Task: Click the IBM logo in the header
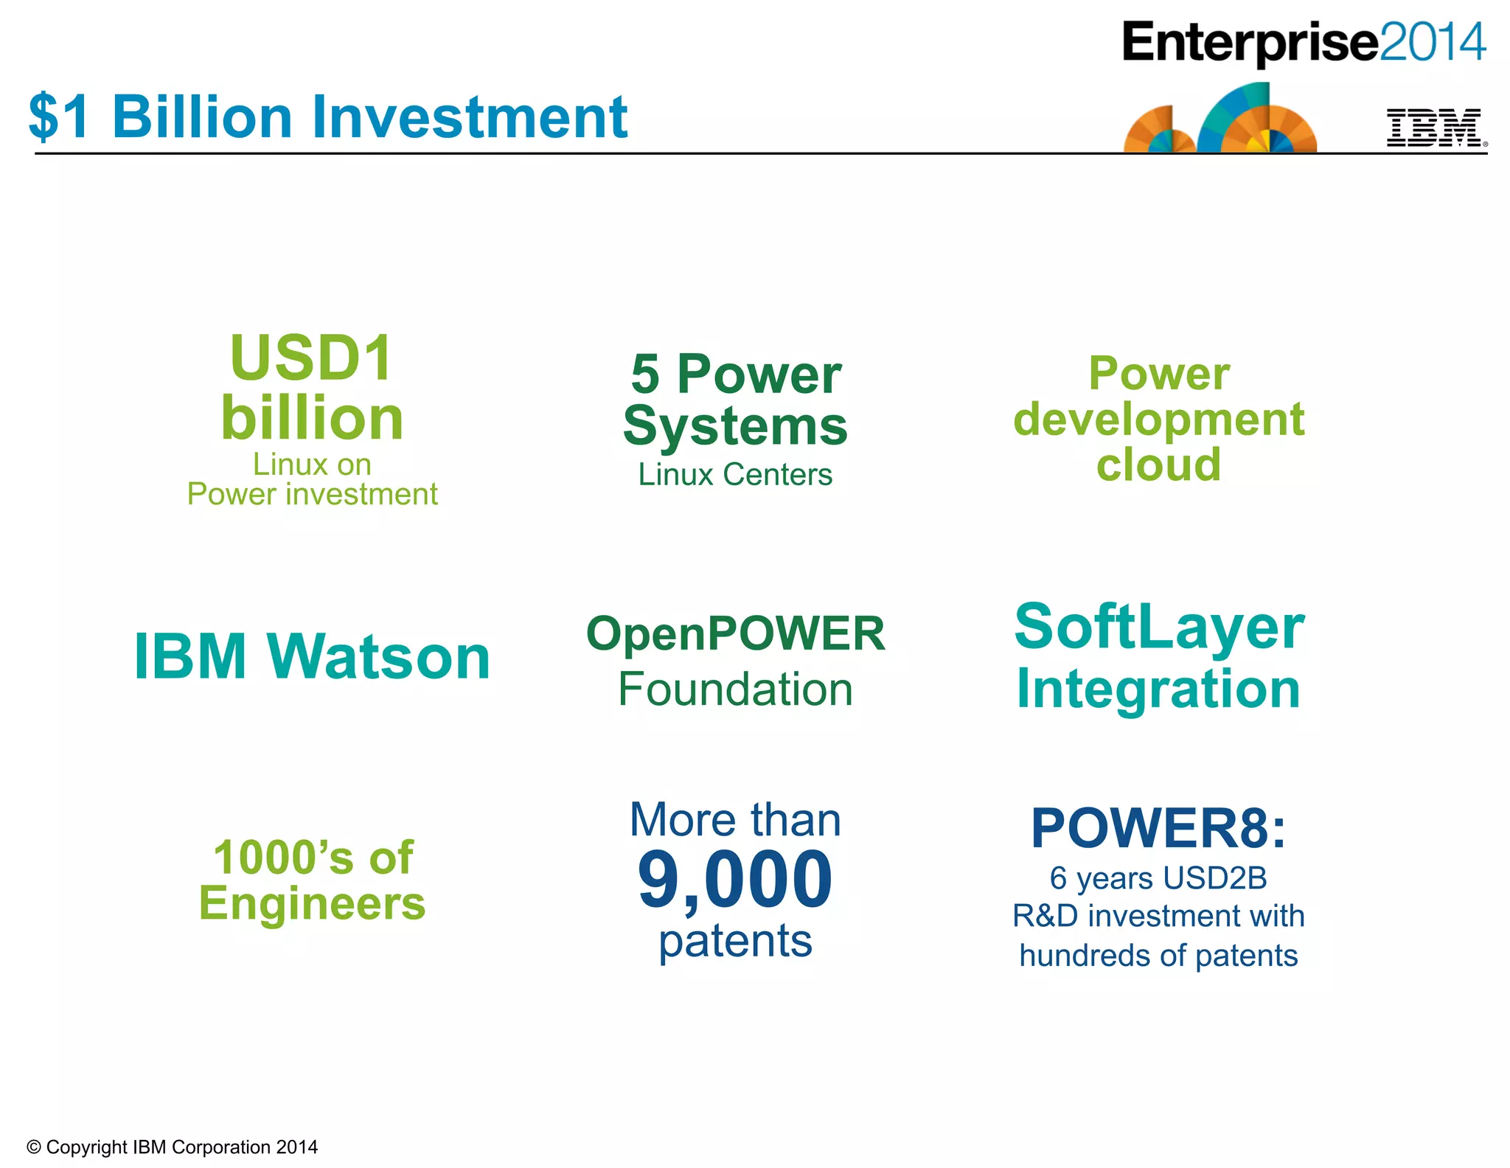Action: pyautogui.click(x=1435, y=128)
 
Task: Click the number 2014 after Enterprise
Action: pyautogui.click(x=1432, y=42)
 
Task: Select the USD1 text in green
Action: pyautogui.click(x=312, y=358)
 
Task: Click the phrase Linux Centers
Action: pyautogui.click(x=735, y=474)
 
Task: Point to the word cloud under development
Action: pyautogui.click(x=1158, y=465)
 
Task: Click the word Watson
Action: pyautogui.click(x=379, y=656)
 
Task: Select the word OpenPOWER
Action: pyautogui.click(x=735, y=633)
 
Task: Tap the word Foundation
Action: pyautogui.click(x=735, y=689)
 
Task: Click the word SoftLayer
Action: pyautogui.click(x=1158, y=627)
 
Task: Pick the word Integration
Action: pyautogui.click(x=1158, y=689)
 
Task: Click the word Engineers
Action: pyautogui.click(x=312, y=903)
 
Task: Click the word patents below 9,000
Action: pyautogui.click(x=735, y=941)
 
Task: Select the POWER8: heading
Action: pyautogui.click(x=1158, y=828)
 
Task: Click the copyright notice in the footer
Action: pyautogui.click(x=173, y=1147)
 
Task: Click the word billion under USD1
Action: pyautogui.click(x=312, y=418)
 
